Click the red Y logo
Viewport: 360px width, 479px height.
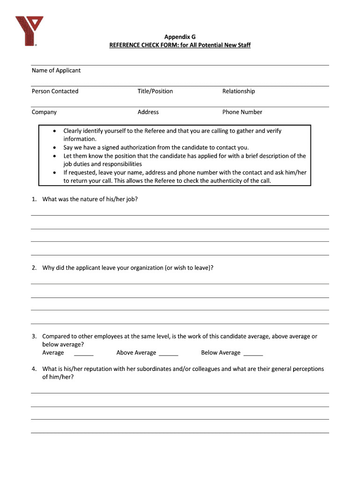tap(29, 31)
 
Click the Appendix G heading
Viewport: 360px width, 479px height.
tap(180, 36)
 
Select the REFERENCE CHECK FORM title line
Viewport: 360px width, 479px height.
tap(180, 45)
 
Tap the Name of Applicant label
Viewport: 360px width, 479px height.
tap(56, 71)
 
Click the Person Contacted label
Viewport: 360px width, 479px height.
tap(55, 91)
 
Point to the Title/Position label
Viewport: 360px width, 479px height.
tap(155, 91)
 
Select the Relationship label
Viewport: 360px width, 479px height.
tap(238, 91)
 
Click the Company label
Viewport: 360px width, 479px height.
tap(44, 112)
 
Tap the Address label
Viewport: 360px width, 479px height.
tap(148, 112)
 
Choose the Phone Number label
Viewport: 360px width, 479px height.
tap(242, 112)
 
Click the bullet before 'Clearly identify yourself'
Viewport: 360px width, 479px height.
tap(55, 131)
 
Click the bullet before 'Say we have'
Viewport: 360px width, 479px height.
tap(55, 148)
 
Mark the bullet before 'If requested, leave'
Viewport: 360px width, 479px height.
tap(55, 173)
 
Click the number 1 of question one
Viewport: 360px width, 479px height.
tap(34, 199)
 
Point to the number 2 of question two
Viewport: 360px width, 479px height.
tap(34, 268)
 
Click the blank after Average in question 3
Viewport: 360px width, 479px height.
tap(84, 353)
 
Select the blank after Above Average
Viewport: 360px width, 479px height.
tap(168, 353)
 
